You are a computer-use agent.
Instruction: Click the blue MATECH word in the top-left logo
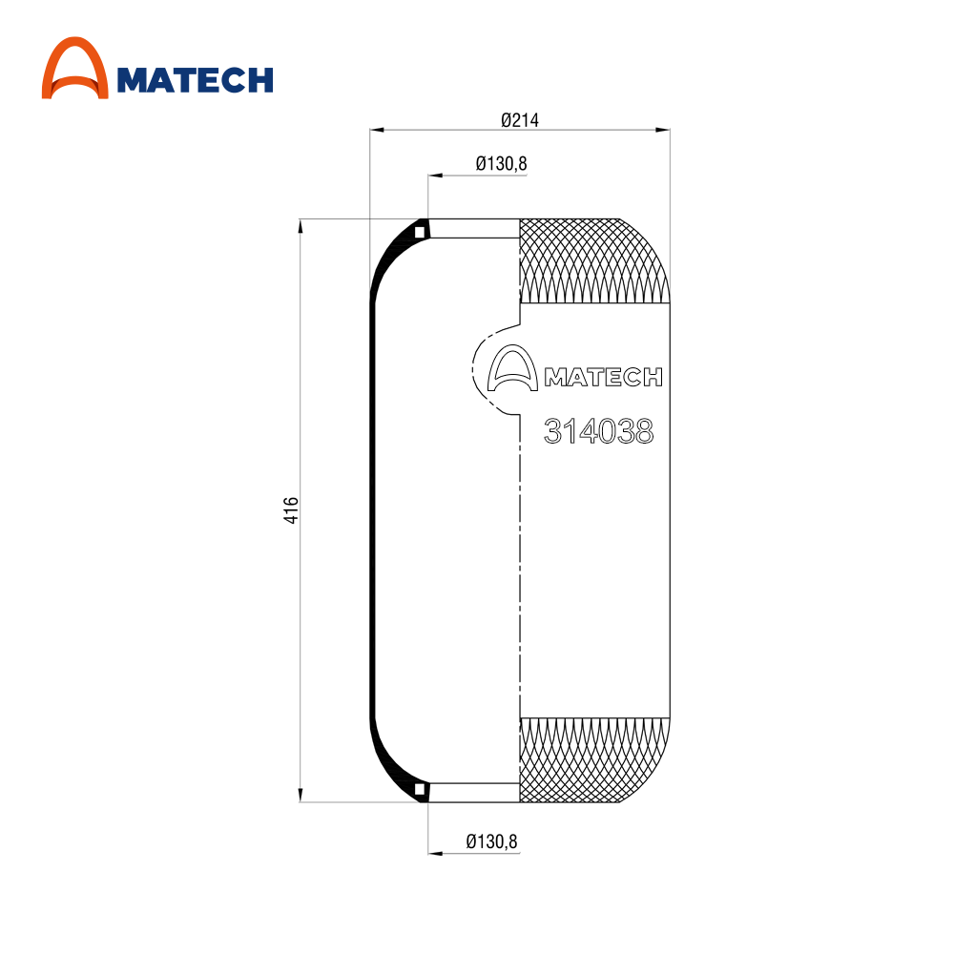coord(195,80)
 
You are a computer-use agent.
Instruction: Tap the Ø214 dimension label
coord(520,120)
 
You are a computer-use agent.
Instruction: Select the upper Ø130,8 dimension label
coord(502,164)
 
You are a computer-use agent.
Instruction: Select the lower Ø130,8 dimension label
coord(491,841)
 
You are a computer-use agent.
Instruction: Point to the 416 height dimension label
coord(291,509)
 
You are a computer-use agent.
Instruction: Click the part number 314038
coord(599,431)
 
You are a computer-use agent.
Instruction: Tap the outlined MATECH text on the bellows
coord(604,377)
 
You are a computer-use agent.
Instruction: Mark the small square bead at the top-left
coord(419,232)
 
